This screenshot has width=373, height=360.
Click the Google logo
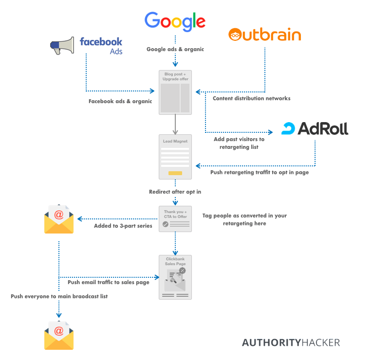175,21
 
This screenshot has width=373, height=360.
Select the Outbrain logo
264,35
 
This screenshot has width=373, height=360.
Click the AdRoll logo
315,128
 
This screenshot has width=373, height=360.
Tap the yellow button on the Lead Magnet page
175,173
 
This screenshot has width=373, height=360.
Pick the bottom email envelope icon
59,336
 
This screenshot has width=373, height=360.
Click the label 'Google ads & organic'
175,49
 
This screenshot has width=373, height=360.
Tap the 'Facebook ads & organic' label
120,101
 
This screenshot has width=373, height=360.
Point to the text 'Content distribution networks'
252,98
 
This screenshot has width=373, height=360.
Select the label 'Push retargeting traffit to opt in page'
260,172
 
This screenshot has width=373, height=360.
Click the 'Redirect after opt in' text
175,192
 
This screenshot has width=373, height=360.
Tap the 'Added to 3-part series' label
123,226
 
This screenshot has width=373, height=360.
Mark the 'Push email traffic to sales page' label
109,282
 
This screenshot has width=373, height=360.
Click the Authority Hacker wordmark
291,342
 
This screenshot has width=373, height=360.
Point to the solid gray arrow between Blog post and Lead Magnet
175,125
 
